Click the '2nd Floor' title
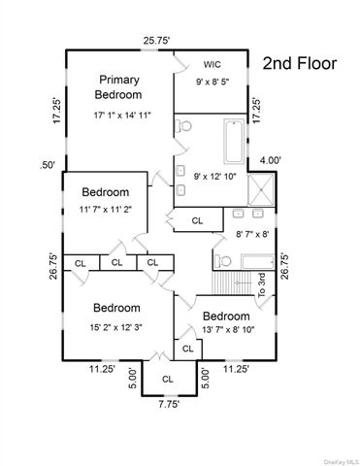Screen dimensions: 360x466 point(300,63)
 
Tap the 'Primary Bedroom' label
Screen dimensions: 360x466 point(118,87)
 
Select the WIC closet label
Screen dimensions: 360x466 point(213,64)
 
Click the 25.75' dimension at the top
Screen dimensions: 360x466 point(157,41)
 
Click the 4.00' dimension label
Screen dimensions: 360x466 point(271,160)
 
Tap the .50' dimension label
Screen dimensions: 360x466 point(48,165)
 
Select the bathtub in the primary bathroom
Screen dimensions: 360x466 point(234,141)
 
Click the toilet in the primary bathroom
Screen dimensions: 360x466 point(183,126)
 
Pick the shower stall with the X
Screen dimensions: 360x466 point(261,189)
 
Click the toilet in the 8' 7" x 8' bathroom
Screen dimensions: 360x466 point(223,260)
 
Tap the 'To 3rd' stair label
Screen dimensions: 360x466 point(262,285)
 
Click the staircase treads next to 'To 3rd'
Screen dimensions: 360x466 point(232,283)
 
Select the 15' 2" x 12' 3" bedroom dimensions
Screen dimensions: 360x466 point(116,327)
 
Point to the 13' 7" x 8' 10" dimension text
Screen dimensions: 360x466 point(228,330)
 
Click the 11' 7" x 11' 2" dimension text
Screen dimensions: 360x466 point(106,210)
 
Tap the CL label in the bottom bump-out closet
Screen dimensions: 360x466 point(168,379)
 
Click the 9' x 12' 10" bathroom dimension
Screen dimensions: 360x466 point(215,177)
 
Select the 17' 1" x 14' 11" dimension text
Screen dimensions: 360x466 point(122,116)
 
